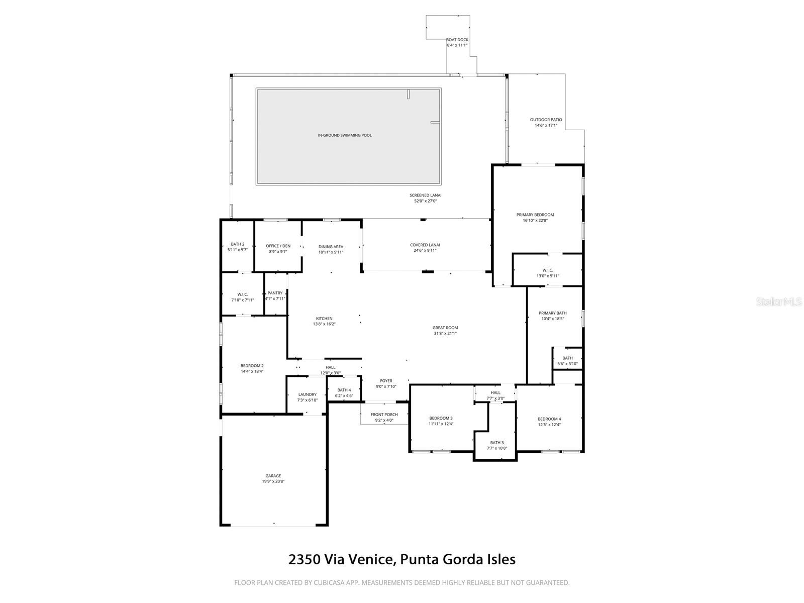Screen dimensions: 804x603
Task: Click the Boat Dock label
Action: (457, 40)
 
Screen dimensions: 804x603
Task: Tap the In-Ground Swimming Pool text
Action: (345, 136)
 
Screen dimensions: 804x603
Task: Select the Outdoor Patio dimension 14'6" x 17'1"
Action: (546, 126)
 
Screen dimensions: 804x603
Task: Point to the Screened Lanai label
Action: (425, 195)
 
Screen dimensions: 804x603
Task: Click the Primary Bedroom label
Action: (535, 215)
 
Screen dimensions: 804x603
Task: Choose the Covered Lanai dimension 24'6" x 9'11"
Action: (425, 251)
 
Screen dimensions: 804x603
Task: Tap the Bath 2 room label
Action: (237, 244)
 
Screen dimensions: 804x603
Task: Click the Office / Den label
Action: (278, 246)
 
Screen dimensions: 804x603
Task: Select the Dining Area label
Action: (331, 247)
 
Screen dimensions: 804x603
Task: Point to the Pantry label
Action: (275, 293)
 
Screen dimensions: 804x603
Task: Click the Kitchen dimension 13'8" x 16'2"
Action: (324, 324)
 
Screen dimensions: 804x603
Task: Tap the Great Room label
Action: (445, 328)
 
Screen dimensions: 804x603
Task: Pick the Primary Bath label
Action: (552, 313)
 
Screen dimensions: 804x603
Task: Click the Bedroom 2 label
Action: (252, 366)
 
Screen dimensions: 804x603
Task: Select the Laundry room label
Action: (308, 394)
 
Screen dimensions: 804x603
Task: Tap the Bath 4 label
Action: (344, 390)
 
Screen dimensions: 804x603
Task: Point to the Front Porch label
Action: (384, 415)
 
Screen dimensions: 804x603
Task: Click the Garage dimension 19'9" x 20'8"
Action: (273, 481)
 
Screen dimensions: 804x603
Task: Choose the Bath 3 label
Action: (496, 443)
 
